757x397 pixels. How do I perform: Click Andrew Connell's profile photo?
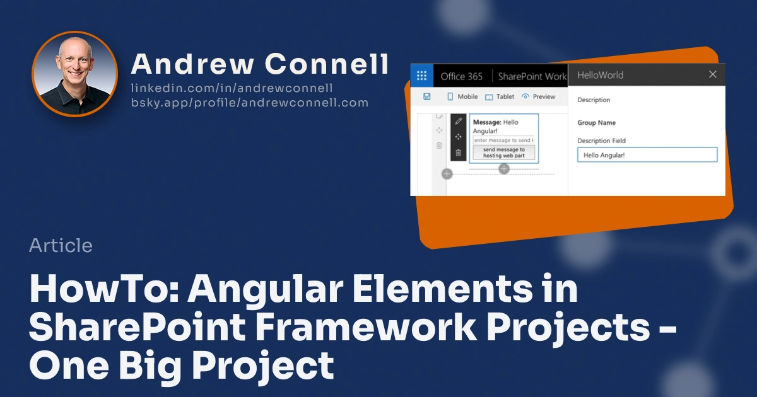click(74, 74)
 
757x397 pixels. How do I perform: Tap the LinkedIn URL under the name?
click(232, 88)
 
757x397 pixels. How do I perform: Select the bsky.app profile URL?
click(249, 102)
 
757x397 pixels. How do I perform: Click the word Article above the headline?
click(61, 245)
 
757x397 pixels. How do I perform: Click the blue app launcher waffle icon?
click(421, 76)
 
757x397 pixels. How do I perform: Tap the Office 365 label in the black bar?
click(461, 76)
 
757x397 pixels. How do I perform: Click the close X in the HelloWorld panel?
click(712, 74)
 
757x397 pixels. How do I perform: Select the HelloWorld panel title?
click(600, 75)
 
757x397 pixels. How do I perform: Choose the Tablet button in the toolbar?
click(499, 96)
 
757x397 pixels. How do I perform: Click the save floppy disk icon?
click(426, 96)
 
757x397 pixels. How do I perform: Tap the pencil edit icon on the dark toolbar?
click(459, 121)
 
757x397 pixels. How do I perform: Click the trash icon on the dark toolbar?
click(459, 152)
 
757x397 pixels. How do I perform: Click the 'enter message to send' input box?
click(503, 140)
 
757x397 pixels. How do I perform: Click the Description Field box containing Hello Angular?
click(647, 154)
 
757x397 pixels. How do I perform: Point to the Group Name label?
click(596, 123)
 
